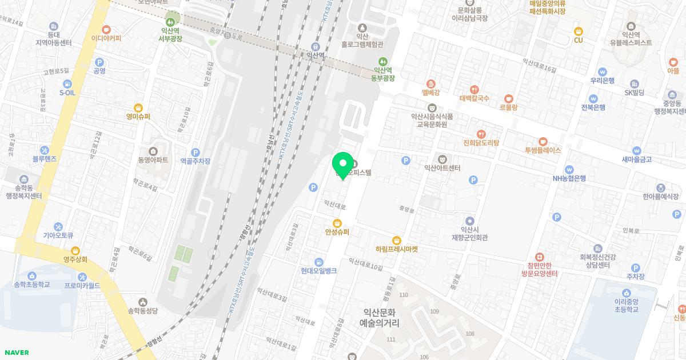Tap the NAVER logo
(x=16, y=353)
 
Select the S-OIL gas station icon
(x=67, y=83)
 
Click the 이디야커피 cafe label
(x=106, y=38)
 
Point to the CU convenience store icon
(x=578, y=31)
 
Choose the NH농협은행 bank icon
(x=569, y=169)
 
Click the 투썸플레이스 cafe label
(x=543, y=150)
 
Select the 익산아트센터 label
(x=442, y=168)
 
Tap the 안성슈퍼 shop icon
(x=337, y=223)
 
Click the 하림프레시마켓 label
(x=397, y=249)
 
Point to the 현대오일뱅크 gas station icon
(x=318, y=262)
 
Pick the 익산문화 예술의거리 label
(x=379, y=318)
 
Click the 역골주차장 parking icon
(x=196, y=152)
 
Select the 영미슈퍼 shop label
(x=138, y=117)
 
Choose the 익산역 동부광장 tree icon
(x=384, y=61)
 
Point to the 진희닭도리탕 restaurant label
(x=481, y=143)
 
